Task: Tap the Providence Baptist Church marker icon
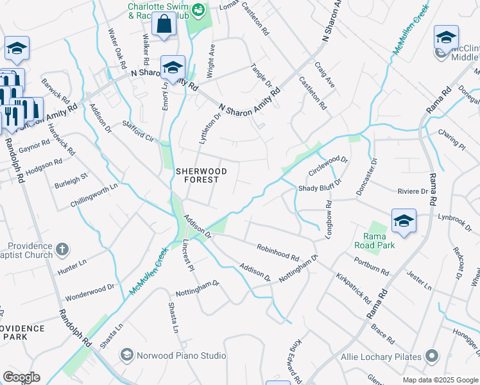pyautogui.click(x=62, y=248)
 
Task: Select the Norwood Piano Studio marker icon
pyautogui.click(x=127, y=355)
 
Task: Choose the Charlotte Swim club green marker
pyautogui.click(x=200, y=10)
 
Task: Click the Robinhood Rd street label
pyautogui.click(x=278, y=252)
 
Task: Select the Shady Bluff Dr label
pyautogui.click(x=321, y=188)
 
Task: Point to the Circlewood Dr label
pyautogui.click(x=328, y=166)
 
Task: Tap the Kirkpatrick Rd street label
pyautogui.click(x=353, y=289)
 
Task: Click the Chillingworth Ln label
pyautogui.click(x=95, y=196)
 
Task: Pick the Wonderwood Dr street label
pyautogui.click(x=89, y=293)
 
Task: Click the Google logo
pyautogui.click(x=21, y=377)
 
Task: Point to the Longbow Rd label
pyautogui.click(x=329, y=219)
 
